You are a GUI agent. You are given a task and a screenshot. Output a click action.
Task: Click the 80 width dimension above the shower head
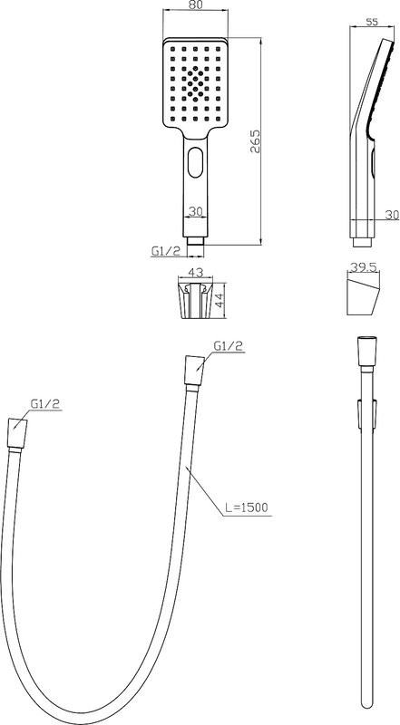(195, 5)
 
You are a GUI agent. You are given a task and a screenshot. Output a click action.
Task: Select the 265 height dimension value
(255, 141)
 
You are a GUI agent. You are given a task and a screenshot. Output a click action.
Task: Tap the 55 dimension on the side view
(372, 22)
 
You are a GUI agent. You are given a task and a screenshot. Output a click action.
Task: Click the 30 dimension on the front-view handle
(196, 211)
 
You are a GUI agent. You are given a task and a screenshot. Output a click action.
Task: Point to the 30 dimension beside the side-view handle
(392, 215)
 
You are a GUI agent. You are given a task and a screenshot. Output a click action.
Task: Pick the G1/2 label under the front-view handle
(165, 251)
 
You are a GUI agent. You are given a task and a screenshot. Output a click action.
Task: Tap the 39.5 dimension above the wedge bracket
(364, 266)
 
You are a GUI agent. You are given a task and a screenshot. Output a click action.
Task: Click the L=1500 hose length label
(247, 507)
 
